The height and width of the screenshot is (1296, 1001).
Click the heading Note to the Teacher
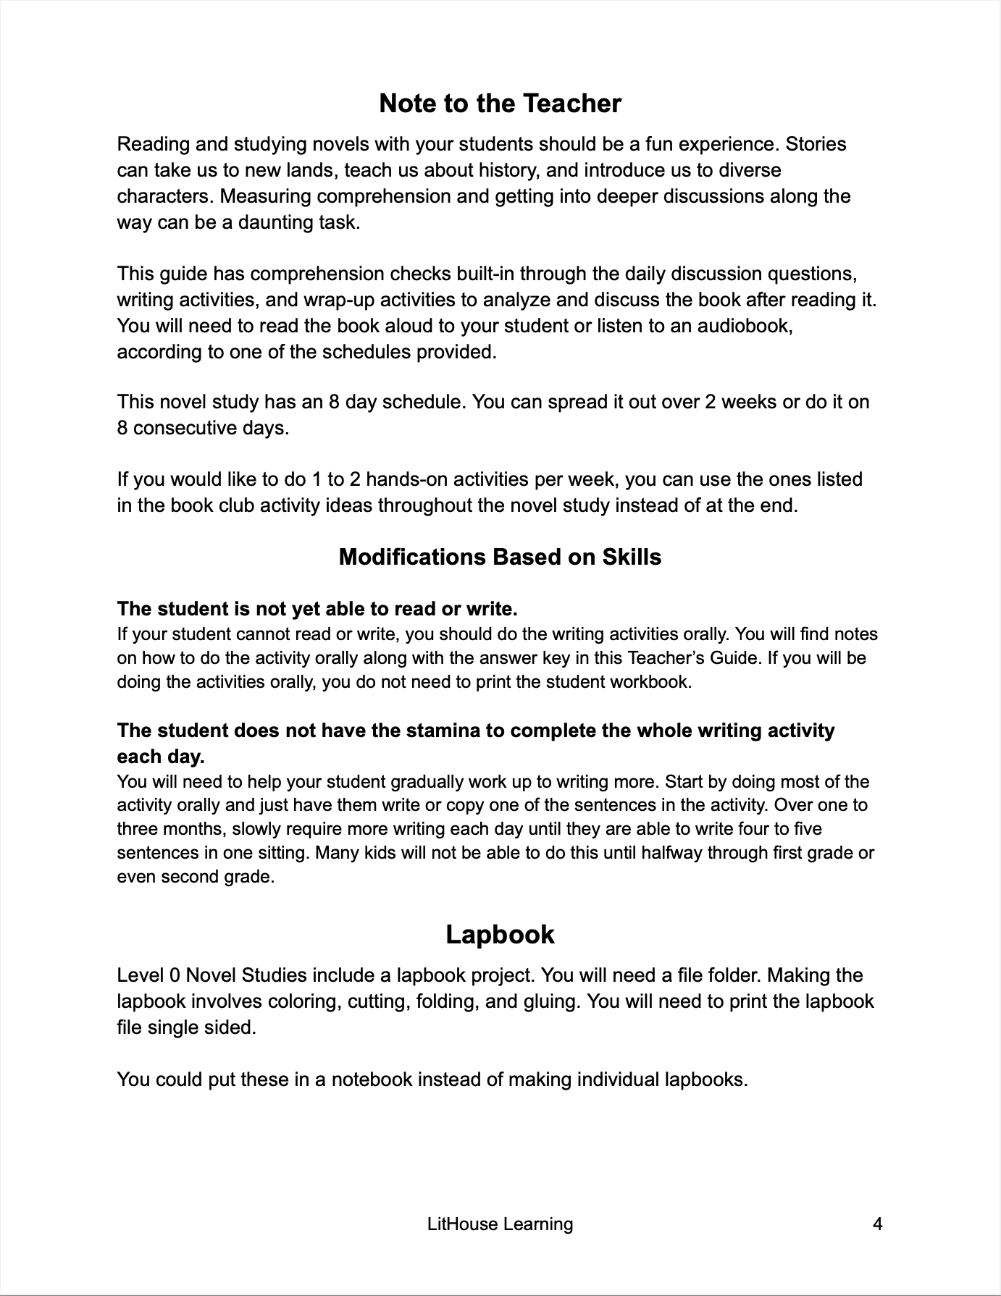500,104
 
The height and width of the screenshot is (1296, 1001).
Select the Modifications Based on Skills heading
500,557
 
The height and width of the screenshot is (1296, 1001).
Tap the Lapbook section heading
500,934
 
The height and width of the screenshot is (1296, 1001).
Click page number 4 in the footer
878,1224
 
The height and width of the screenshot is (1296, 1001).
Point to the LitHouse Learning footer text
500,1224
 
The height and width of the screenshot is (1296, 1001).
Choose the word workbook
653,682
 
